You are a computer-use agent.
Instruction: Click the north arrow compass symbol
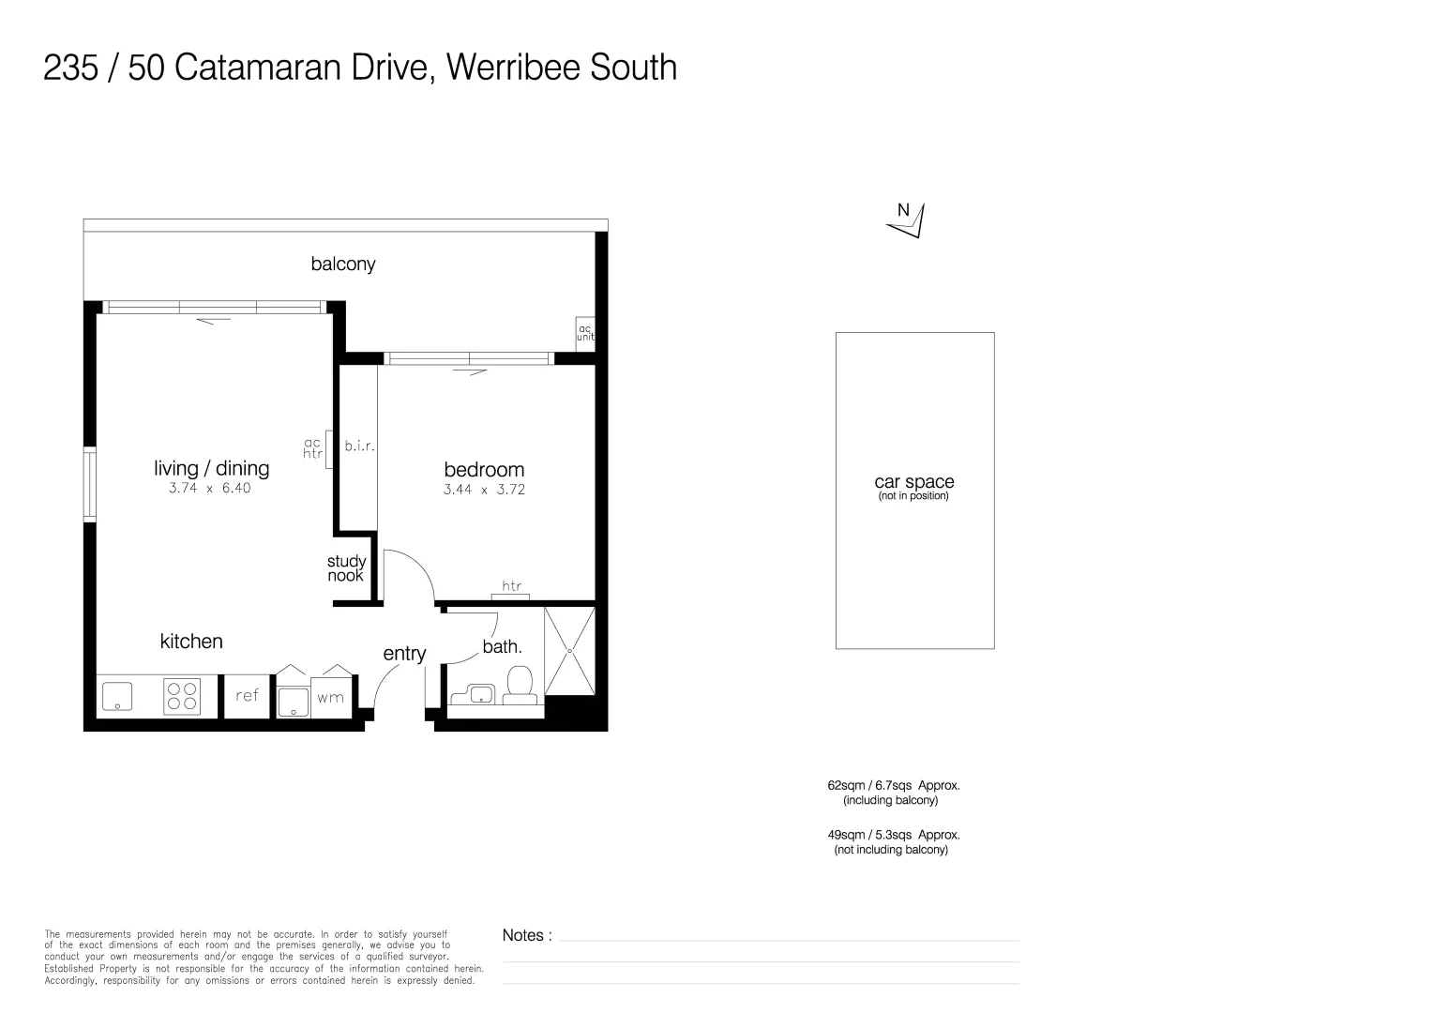click(x=908, y=219)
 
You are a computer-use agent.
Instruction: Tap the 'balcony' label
click(x=343, y=265)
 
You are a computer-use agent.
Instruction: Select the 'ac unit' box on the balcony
click(x=585, y=333)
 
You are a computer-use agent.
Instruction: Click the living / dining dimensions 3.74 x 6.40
click(x=210, y=489)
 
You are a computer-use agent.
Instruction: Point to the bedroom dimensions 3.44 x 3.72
click(x=484, y=490)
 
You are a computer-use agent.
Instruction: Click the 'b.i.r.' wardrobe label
click(x=359, y=446)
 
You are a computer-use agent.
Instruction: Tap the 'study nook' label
click(x=346, y=569)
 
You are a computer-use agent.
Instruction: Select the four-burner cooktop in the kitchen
click(x=182, y=695)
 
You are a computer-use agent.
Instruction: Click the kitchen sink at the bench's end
click(x=117, y=695)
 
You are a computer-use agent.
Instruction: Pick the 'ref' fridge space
click(x=247, y=695)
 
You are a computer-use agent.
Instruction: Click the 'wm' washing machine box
click(x=330, y=698)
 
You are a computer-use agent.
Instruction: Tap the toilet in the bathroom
click(x=520, y=684)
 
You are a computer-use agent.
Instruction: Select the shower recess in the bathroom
click(x=569, y=651)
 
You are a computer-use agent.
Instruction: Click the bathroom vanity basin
click(x=481, y=694)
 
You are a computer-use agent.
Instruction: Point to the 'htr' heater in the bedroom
click(x=511, y=591)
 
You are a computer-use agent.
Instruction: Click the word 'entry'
click(x=404, y=654)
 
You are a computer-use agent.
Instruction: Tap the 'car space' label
click(x=914, y=482)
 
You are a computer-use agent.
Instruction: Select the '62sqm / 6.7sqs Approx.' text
click(x=893, y=786)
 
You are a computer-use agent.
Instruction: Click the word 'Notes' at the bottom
click(x=523, y=935)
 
